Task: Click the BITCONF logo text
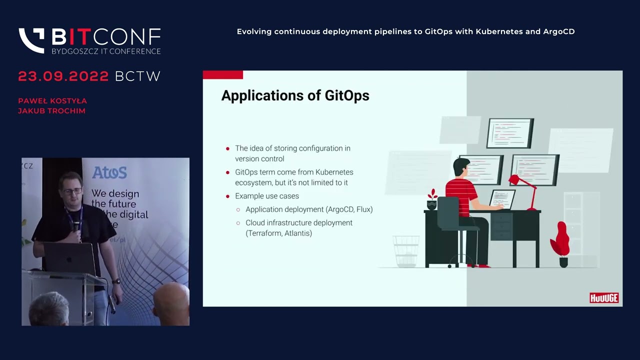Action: click(x=106, y=37)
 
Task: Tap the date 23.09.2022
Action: click(x=63, y=76)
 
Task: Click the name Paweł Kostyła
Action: click(x=52, y=101)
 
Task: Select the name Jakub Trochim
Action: click(x=51, y=111)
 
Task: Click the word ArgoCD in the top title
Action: click(x=558, y=31)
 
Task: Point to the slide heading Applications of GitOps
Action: click(x=295, y=95)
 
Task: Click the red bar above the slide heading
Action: click(x=223, y=75)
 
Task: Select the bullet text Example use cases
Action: click(x=267, y=196)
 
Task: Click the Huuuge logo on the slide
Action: click(x=604, y=298)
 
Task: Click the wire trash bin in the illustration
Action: click(x=406, y=251)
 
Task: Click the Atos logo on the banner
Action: click(x=109, y=173)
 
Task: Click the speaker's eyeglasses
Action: click(x=71, y=191)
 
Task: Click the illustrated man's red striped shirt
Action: click(x=461, y=193)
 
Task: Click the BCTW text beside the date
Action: click(x=137, y=76)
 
